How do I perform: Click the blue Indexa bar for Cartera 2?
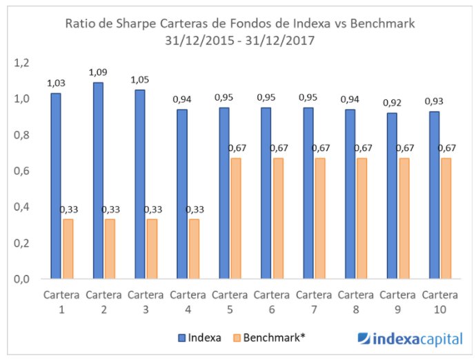(98, 181)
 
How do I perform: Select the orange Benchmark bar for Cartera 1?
(68, 249)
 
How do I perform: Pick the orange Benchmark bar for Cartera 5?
(236, 219)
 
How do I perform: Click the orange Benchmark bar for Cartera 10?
(447, 219)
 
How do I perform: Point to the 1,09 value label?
(98, 72)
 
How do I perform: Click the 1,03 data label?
(56, 83)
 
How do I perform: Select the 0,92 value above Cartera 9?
(393, 103)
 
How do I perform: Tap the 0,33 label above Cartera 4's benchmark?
(194, 209)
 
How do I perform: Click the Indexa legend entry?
(200, 338)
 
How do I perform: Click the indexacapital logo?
(411, 338)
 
